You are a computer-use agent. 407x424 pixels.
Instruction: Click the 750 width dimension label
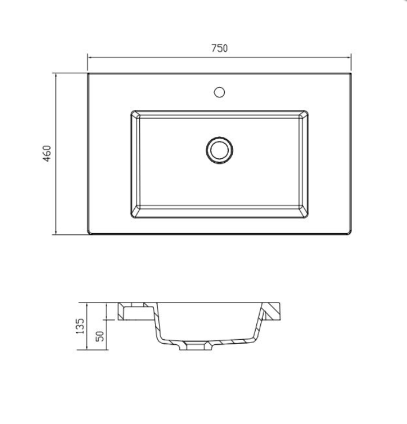click(x=219, y=48)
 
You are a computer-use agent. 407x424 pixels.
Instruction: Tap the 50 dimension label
click(x=100, y=336)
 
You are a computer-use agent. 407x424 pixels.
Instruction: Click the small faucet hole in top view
click(x=219, y=92)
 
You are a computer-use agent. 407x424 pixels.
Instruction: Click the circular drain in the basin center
click(x=219, y=150)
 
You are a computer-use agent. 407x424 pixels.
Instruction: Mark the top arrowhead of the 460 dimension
click(x=56, y=75)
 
